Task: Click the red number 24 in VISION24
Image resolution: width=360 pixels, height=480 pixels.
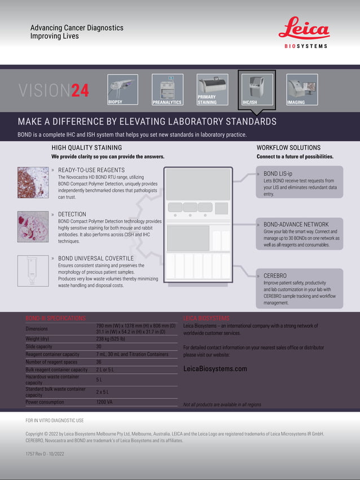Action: (x=80, y=91)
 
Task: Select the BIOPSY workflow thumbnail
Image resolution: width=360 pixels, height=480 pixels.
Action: (x=122, y=89)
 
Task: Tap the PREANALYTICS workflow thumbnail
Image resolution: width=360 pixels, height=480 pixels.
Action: (x=168, y=89)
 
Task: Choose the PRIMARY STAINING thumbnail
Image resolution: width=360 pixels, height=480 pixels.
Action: (x=212, y=89)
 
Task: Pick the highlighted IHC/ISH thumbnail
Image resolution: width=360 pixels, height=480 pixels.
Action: (x=257, y=89)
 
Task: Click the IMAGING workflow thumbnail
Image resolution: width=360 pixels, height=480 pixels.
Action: (x=302, y=89)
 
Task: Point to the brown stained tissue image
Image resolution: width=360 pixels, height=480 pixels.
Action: (x=33, y=182)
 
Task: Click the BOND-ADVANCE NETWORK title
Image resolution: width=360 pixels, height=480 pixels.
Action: (x=296, y=224)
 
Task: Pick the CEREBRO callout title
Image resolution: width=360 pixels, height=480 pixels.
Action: (x=276, y=276)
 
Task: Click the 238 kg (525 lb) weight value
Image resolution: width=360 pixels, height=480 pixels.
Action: (x=110, y=338)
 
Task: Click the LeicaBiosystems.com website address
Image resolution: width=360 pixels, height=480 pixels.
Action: (x=215, y=368)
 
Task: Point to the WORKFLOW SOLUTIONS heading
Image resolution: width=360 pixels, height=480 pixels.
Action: (x=288, y=148)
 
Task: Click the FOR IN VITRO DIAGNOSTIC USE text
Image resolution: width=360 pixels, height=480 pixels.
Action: (x=55, y=420)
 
